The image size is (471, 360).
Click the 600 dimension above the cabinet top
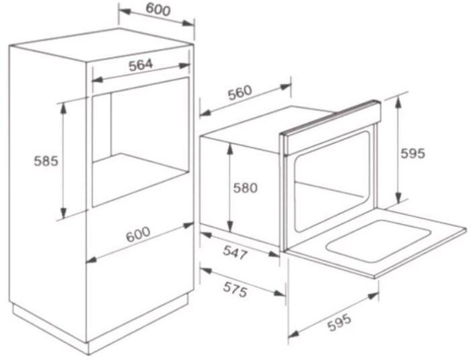click(x=158, y=9)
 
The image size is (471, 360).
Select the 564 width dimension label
click(x=141, y=65)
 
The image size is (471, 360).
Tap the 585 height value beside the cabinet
click(x=46, y=161)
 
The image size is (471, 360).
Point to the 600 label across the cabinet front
click(x=138, y=233)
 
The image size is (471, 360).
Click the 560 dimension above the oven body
click(x=240, y=93)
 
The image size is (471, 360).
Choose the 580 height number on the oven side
click(x=246, y=188)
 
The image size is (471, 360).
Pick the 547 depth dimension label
click(x=235, y=252)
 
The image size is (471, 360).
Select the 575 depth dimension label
click(x=235, y=290)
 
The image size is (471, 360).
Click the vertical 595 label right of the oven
click(x=413, y=153)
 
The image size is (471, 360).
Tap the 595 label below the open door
click(x=339, y=322)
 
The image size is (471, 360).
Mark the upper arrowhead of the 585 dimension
click(x=63, y=108)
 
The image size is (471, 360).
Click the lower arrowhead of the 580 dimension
click(x=230, y=227)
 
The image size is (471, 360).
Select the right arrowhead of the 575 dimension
click(x=279, y=293)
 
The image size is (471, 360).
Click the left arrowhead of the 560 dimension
click(x=205, y=113)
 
